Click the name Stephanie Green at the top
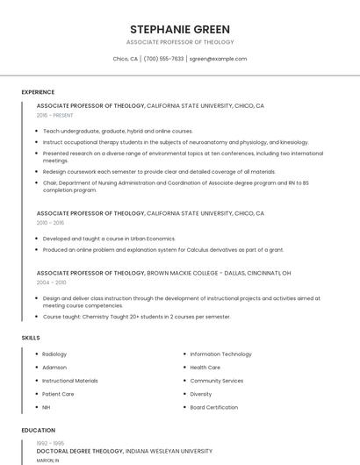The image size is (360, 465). point(180,29)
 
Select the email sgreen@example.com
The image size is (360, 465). point(218,59)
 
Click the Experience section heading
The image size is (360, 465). point(38,92)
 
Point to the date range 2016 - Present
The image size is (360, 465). point(55,115)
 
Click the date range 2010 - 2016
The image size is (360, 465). point(50,223)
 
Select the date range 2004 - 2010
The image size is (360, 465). point(51,283)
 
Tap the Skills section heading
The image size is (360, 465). point(31,338)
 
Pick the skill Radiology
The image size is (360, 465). point(54,354)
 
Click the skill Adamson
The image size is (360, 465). point(54,368)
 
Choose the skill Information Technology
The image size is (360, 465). point(220,354)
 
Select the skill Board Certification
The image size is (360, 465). point(213,408)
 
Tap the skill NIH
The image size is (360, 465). point(47,408)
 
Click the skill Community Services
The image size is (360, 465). point(217,381)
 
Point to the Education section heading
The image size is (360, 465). point(39,431)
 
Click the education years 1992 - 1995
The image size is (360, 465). point(49,444)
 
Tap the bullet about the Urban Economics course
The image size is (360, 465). point(109,239)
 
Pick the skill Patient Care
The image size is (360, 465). point(58,394)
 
